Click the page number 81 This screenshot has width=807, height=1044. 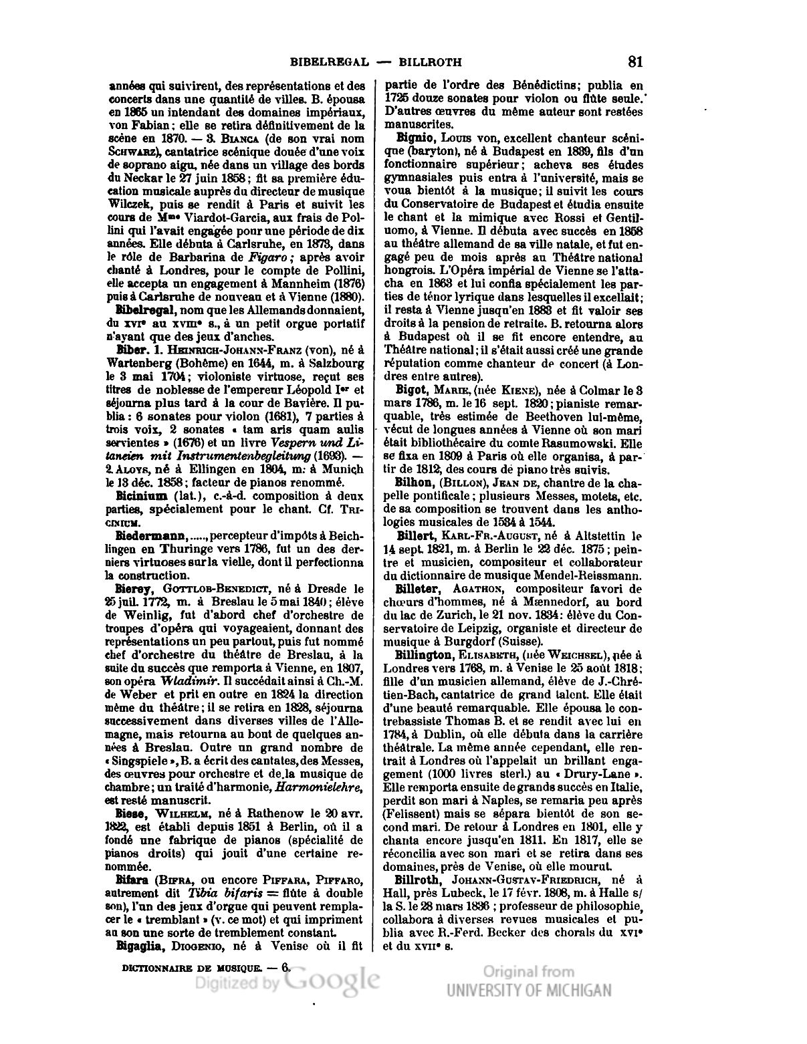click(x=635, y=62)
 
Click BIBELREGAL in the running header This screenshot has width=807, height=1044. click(x=330, y=63)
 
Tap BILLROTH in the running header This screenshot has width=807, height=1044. click(x=430, y=63)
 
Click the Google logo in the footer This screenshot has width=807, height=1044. click(x=332, y=981)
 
